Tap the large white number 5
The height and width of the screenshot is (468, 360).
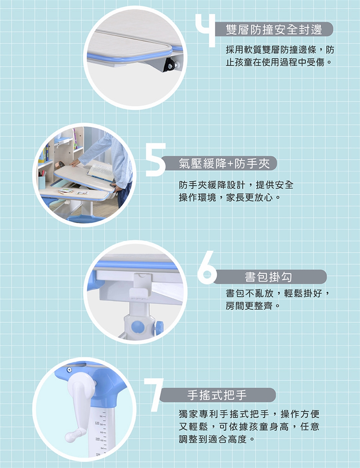tap(156, 160)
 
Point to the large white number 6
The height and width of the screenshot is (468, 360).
tap(207, 268)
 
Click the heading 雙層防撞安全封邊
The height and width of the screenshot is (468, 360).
tap(274, 29)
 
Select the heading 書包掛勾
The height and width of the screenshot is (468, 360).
tap(268, 277)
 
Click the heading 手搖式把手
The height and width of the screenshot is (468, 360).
tap(217, 395)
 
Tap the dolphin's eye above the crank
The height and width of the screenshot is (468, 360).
tap(69, 370)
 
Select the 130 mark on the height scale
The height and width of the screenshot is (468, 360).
tap(97, 423)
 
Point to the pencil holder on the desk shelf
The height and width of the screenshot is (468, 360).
tap(42, 181)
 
